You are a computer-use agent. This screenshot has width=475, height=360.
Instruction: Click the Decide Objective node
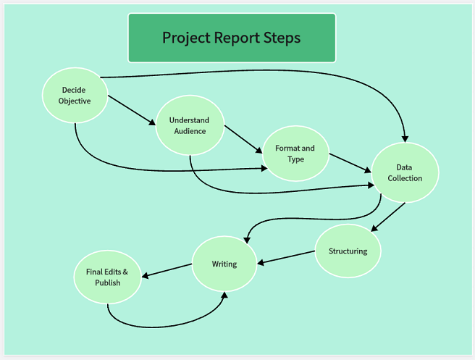click(x=75, y=96)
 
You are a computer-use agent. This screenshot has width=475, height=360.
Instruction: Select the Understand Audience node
click(x=189, y=125)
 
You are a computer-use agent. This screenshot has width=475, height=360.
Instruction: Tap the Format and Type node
click(x=295, y=154)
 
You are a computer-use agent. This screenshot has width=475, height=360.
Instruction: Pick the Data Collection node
click(x=405, y=172)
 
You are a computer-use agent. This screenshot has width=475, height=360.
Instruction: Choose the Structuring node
click(x=348, y=251)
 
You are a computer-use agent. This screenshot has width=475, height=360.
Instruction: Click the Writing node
click(x=224, y=264)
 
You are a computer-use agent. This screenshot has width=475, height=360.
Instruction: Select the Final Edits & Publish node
click(x=107, y=277)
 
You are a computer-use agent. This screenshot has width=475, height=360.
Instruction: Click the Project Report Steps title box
click(x=232, y=38)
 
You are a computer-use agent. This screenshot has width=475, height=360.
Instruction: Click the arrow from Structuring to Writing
click(x=287, y=257)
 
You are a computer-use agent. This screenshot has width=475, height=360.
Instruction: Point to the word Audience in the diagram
click(x=190, y=131)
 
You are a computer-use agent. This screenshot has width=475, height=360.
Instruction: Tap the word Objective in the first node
click(x=75, y=101)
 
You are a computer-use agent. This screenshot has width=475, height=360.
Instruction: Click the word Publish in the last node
click(x=107, y=282)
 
